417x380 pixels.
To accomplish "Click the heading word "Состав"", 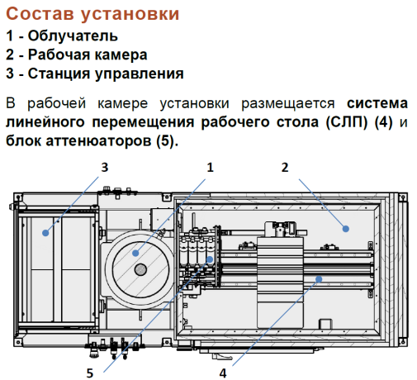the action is click(x=40, y=14).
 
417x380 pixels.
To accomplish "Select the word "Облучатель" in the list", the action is click(x=73, y=36).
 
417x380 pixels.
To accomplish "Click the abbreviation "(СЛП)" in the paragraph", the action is click(x=347, y=122).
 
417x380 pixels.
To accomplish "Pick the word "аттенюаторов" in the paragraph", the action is click(x=98, y=141).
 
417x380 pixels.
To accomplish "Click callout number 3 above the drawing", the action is click(x=105, y=168).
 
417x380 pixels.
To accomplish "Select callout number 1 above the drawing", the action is click(x=210, y=168).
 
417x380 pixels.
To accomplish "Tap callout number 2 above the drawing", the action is click(x=285, y=168).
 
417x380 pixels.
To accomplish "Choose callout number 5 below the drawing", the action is click(x=90, y=373).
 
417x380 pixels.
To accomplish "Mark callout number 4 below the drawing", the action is click(x=223, y=373).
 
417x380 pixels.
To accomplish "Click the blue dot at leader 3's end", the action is click(x=45, y=233).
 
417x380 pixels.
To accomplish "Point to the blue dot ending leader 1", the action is click(x=135, y=253).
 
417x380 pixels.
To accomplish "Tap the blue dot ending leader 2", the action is click(x=346, y=229).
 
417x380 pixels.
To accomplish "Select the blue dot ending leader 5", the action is click(x=210, y=259).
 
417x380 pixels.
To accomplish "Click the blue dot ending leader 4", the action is click(x=319, y=279).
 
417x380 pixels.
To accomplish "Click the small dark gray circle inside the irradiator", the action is click(x=140, y=269).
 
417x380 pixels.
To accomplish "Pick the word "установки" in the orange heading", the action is click(x=130, y=14).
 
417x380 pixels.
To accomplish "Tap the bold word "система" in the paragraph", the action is click(x=377, y=103).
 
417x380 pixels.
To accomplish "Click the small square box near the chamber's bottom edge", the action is click(x=325, y=324).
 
